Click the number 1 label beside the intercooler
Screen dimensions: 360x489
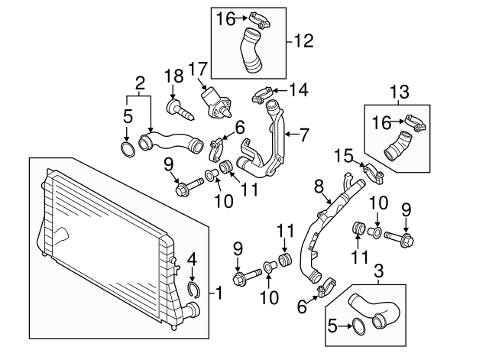point(220,291)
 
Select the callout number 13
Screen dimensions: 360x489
point(400,92)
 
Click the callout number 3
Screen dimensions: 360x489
point(377,270)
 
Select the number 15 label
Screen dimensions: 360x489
point(344,157)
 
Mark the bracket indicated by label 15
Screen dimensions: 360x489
point(373,171)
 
